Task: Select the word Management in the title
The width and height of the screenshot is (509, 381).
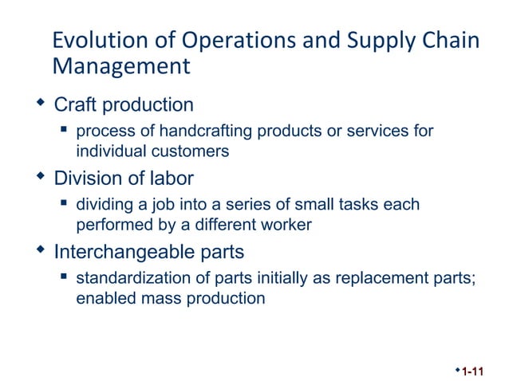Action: [120, 66]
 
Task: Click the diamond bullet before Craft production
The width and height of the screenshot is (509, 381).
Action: [41, 104]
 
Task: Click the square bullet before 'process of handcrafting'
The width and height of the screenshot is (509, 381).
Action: [63, 129]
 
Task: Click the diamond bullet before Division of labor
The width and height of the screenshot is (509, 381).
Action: [41, 177]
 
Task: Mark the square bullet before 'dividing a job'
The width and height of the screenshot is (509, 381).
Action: [63, 203]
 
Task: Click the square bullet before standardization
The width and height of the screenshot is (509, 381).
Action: [63, 277]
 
